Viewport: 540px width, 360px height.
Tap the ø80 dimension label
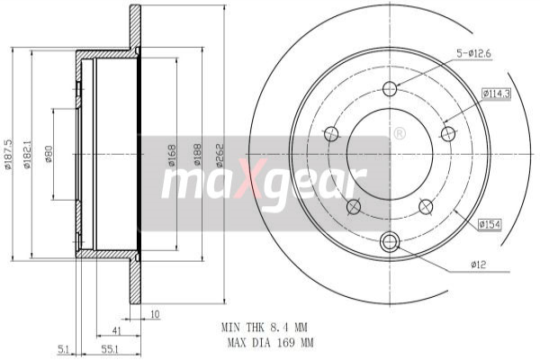tap(49, 155)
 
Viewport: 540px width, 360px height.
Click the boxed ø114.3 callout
tap(496, 94)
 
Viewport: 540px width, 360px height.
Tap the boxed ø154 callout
tap(490, 223)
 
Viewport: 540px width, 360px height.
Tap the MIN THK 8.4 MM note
tap(267, 328)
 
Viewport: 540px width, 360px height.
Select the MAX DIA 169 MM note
tap(270, 343)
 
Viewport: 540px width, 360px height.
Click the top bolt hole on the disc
tap(390, 88)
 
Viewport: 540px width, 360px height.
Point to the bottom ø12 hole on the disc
tap(390, 241)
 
